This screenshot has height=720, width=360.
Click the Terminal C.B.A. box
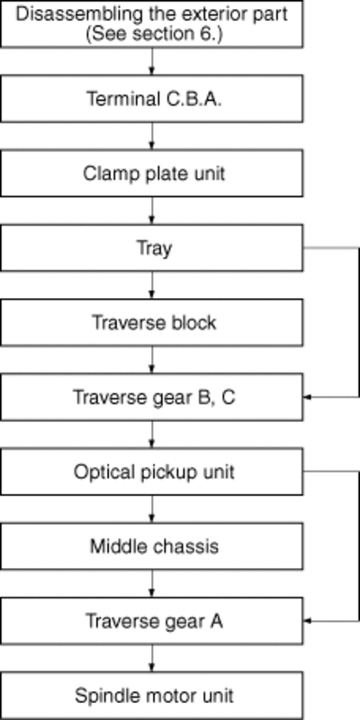pos(151,99)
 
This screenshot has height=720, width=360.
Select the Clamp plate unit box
pos(151,174)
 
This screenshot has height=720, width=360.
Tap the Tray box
pos(151,248)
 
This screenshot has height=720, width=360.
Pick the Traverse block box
pos(151,322)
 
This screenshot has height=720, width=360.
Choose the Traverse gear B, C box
pos(151,397)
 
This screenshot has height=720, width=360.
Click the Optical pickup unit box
pos(151,472)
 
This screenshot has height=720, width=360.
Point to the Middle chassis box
pos(151,546)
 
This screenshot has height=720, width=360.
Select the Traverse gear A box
pos(151,621)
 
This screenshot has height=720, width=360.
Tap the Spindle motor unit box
pos(151,696)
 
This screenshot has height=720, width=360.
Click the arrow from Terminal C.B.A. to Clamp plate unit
pos(152,136)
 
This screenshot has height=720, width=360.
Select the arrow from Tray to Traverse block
pos(152,285)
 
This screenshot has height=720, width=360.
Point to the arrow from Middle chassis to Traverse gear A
pos(152,583)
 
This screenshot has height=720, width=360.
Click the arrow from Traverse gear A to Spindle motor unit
pos(152,658)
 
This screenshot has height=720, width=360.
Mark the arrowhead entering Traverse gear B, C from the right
pos(307,397)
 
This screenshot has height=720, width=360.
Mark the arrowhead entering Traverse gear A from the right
pos(307,621)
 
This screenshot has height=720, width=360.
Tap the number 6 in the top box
pos(212,35)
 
